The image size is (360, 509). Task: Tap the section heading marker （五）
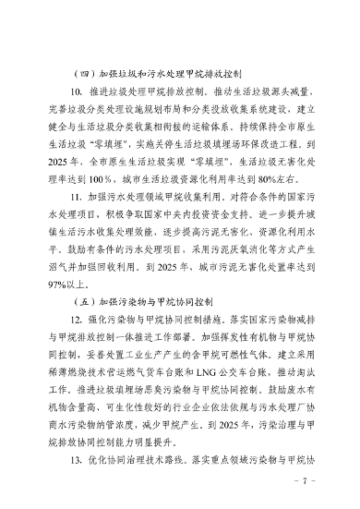(x=68, y=301)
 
